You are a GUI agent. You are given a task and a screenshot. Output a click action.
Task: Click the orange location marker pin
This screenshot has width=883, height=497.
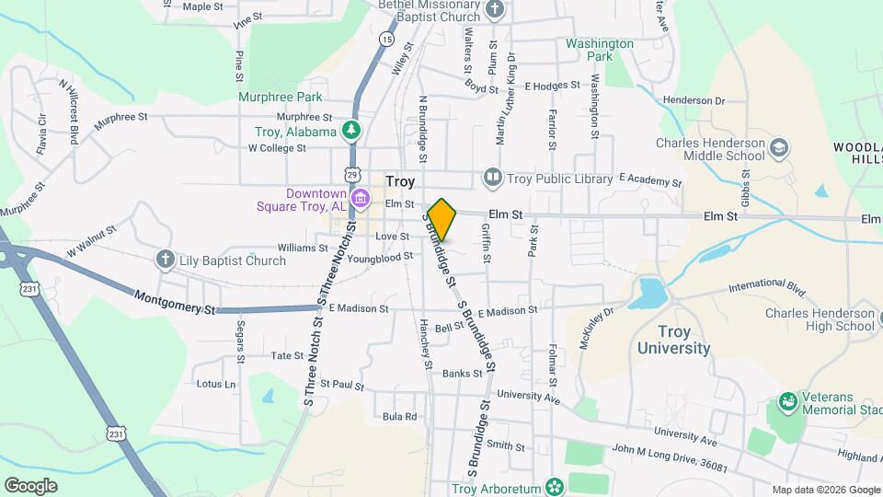pos(442,219)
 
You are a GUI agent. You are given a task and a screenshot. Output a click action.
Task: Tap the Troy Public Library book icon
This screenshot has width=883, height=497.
pos(493,176)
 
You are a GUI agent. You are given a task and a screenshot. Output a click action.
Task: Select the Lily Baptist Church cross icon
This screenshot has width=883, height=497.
pos(166,260)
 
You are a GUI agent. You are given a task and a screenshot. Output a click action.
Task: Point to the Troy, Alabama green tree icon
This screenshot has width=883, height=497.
pos(350,131)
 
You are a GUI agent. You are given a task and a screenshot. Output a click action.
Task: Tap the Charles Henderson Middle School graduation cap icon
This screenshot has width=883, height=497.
pos(779,148)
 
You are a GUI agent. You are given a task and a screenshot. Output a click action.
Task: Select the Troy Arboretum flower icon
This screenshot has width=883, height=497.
pos(554,486)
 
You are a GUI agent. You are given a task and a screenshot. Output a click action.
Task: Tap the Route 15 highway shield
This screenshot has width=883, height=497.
pos(386,40)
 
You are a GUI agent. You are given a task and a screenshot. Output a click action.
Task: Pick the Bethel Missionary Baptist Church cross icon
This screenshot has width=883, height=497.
pos(495,11)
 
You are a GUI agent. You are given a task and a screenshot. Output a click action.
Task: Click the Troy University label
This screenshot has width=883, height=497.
pos(674,340)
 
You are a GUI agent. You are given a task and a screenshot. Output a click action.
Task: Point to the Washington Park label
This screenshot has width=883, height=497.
pos(600,50)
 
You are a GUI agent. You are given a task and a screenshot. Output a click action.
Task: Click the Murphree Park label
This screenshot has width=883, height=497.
pos(280,97)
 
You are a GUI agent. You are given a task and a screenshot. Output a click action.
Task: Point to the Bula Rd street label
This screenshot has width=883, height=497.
pos(399,416)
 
